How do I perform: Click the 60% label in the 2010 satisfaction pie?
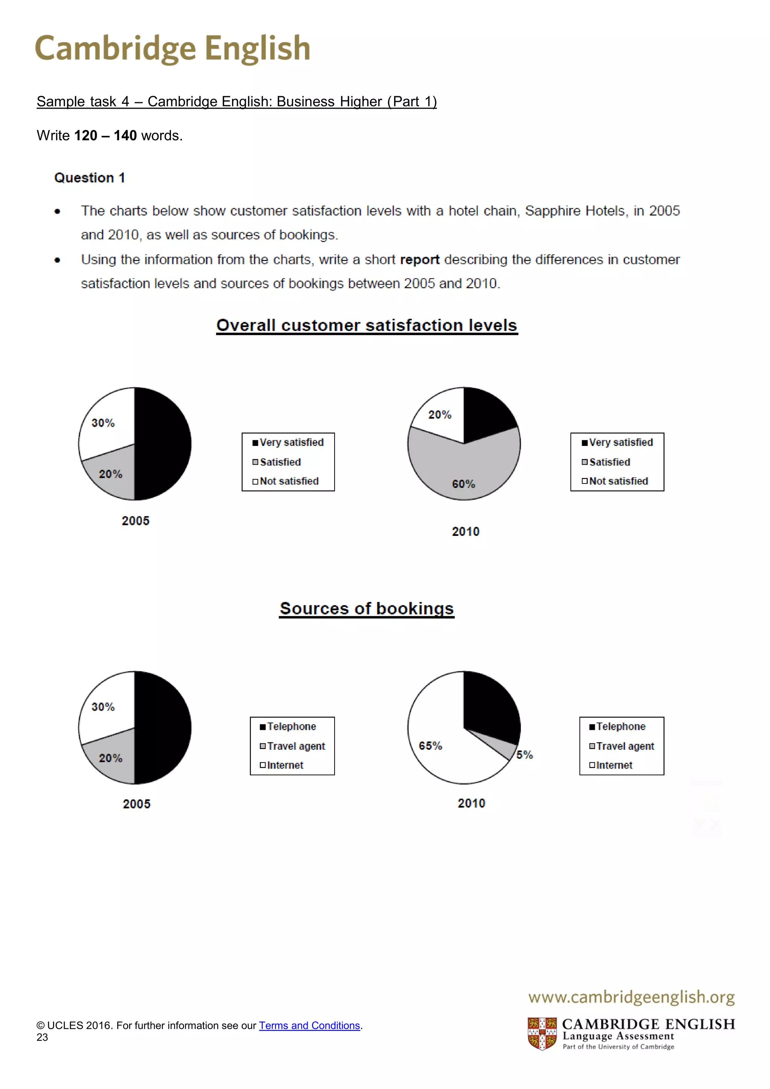(x=463, y=484)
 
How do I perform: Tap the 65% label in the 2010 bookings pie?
(x=430, y=746)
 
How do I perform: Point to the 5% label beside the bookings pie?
(x=524, y=755)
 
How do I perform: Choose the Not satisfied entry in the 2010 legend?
(x=618, y=481)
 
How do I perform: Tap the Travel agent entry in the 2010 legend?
(x=625, y=746)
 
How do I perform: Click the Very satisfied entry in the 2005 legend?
(x=291, y=442)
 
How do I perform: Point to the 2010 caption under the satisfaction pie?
(x=465, y=531)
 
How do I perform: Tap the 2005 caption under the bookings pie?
(x=136, y=804)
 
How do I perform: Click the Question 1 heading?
(x=89, y=178)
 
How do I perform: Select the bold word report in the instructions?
(x=420, y=260)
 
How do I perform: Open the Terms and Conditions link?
(x=309, y=1025)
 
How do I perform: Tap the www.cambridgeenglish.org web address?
(x=631, y=996)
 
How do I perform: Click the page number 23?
(x=42, y=1037)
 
